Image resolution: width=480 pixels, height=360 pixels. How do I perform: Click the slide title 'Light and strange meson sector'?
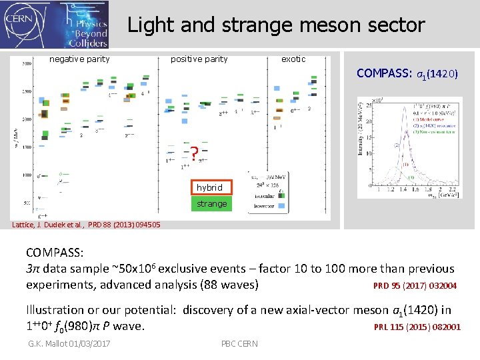pos(276,25)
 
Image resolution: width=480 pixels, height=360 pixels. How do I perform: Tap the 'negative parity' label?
pos(79,59)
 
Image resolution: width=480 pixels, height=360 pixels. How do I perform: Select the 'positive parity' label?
pos(199,59)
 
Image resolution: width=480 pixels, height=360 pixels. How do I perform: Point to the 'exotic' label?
pos(293,59)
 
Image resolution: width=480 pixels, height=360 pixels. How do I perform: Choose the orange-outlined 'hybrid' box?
pos(210,187)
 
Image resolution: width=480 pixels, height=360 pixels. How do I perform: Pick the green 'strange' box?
pos(211,203)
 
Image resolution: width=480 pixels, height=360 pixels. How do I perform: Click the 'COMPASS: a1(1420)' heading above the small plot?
pos(407,73)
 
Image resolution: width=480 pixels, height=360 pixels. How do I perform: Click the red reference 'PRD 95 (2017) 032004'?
pos(415,286)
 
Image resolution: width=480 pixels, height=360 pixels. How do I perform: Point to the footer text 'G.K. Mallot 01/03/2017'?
pos(69,343)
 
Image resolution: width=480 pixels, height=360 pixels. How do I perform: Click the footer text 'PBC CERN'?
pos(239,343)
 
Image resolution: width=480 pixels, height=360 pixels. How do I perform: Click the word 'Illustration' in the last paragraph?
pos(55,310)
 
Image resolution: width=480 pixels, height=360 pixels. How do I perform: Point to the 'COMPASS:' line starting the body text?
pos(55,253)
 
